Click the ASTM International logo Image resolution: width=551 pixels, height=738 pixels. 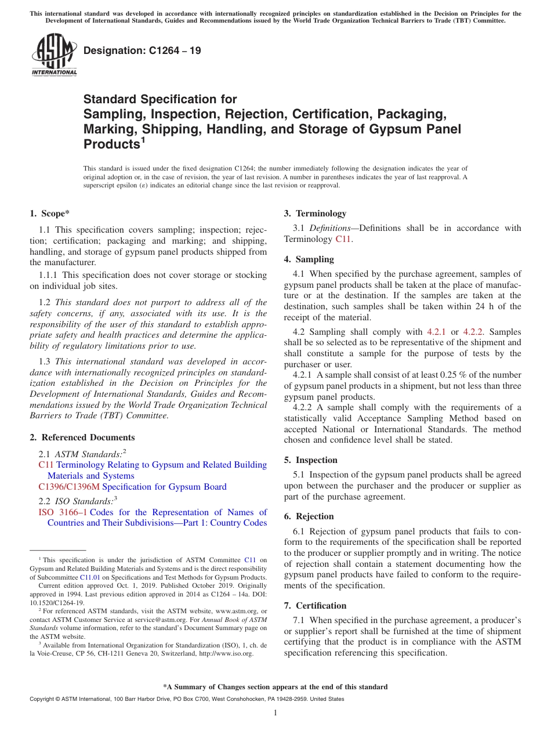[54, 54]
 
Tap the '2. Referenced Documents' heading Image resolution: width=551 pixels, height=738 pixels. [82, 437]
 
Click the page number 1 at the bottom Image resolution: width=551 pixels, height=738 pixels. [275, 713]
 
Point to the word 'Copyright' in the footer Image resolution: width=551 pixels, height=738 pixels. [43, 699]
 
